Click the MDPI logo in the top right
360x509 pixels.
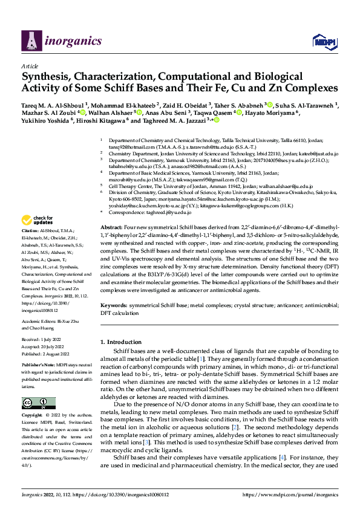(x=322, y=41)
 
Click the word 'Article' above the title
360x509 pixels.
(x=30, y=66)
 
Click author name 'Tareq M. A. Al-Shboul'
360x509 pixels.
(x=53, y=105)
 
